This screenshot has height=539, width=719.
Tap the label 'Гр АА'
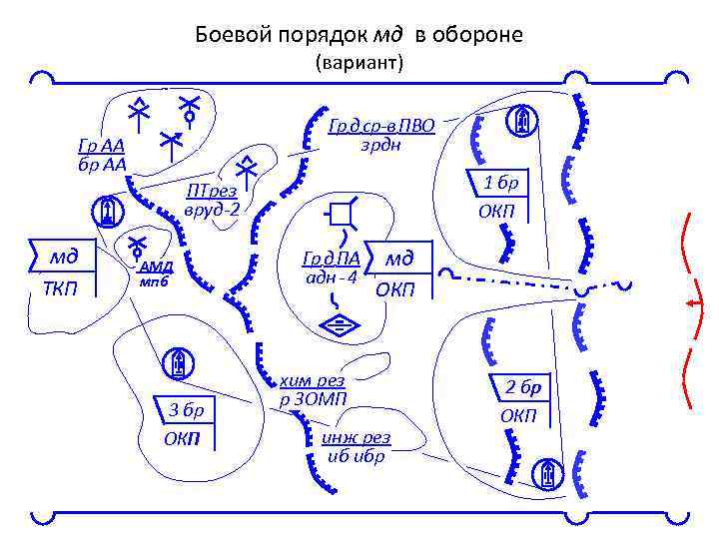click(100, 147)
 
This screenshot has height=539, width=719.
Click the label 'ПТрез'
click(211, 192)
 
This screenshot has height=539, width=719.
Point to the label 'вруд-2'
click(211, 211)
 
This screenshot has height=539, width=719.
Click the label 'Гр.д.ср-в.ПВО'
click(381, 126)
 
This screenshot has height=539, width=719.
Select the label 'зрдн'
click(380, 145)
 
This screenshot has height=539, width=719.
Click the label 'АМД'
click(156, 266)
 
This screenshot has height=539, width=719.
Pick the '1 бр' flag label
click(501, 183)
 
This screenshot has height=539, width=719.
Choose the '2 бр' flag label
click(521, 387)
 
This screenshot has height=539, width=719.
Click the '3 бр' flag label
click(186, 409)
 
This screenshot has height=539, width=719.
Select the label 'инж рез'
click(357, 438)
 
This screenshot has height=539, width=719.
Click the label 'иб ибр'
click(357, 456)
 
